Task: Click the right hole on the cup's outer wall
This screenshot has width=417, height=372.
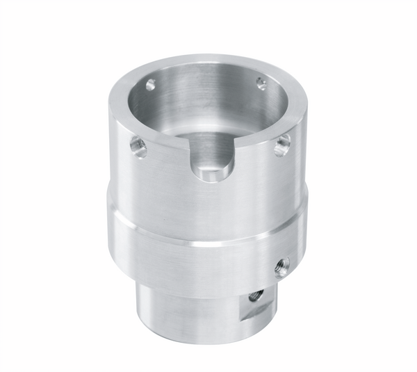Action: (x=281, y=145)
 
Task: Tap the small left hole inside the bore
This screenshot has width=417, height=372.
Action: (x=150, y=86)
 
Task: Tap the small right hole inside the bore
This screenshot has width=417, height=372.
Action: (x=261, y=83)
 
